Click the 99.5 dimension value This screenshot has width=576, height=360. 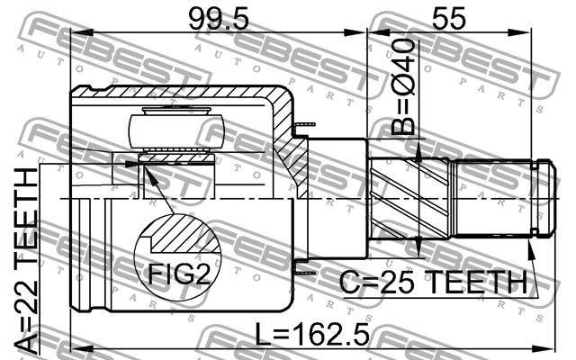pyautogui.click(x=219, y=19)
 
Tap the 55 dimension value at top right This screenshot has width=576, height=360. pyautogui.click(x=448, y=18)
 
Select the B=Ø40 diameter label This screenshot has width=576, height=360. pyautogui.click(x=403, y=87)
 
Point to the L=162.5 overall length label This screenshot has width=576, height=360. pyautogui.click(x=312, y=335)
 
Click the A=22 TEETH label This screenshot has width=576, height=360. pyautogui.click(x=26, y=258)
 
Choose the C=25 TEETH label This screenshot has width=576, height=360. pyautogui.click(x=433, y=282)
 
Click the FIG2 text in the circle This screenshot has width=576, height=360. pyautogui.click(x=179, y=274)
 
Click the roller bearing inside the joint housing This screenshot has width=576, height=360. pyautogui.click(x=176, y=131)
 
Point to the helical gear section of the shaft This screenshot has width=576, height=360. pyautogui.click(x=409, y=198)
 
